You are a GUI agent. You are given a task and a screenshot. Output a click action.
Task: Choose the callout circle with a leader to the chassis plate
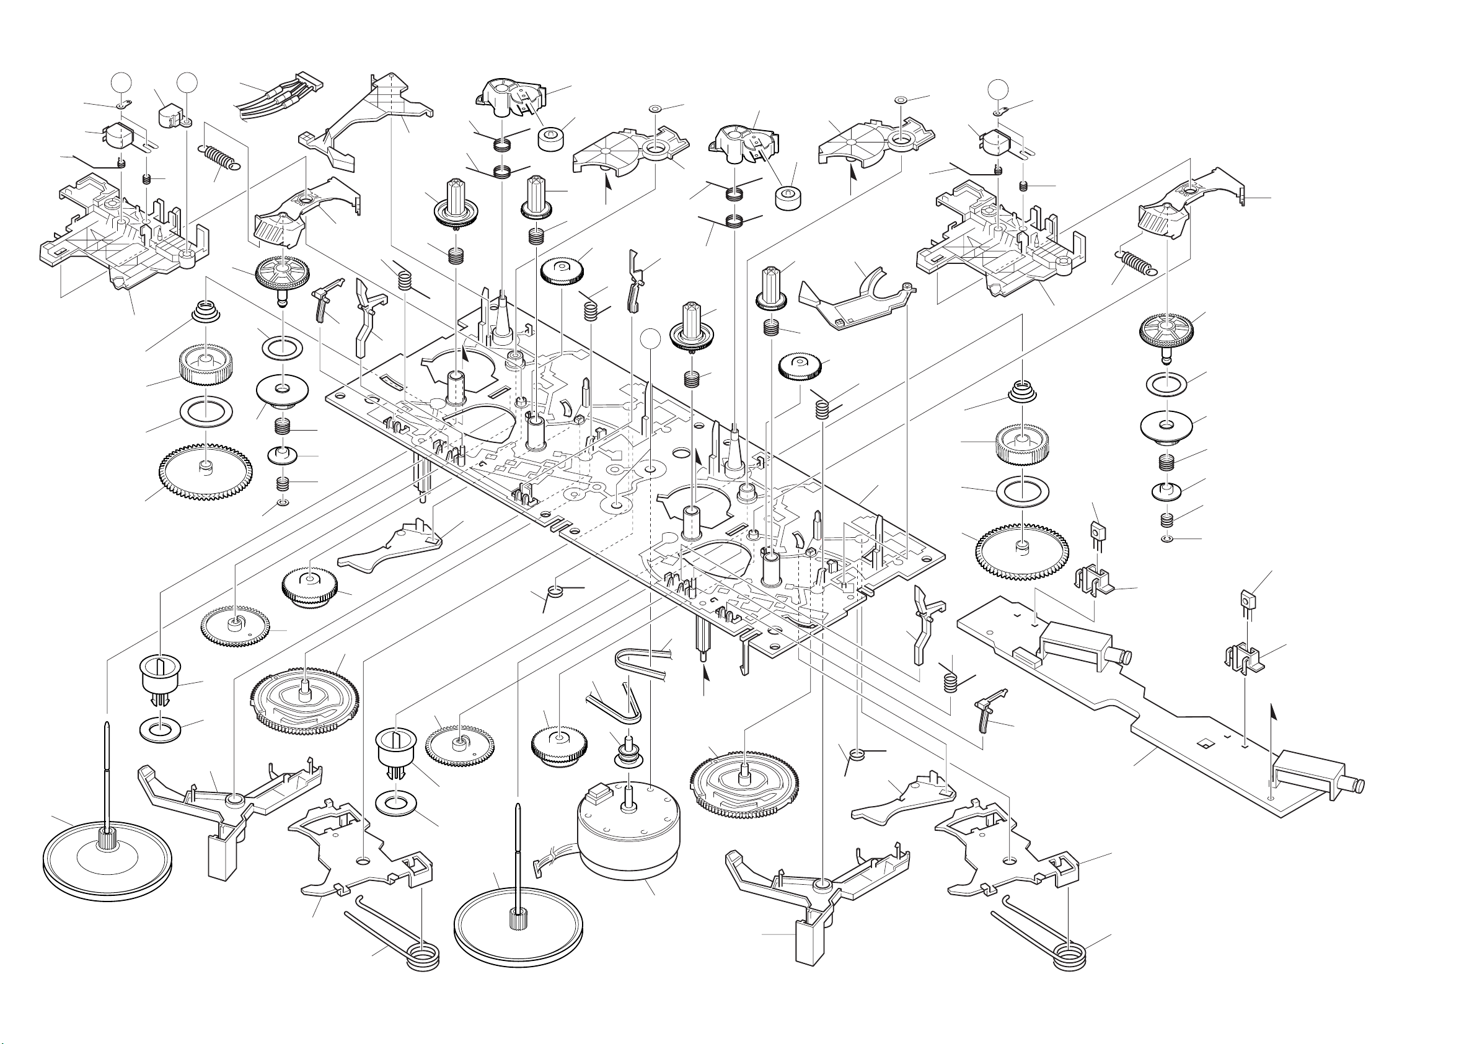pyautogui.click(x=651, y=338)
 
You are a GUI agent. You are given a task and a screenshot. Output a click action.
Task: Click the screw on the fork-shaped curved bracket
pyautogui.click(x=907, y=284)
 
